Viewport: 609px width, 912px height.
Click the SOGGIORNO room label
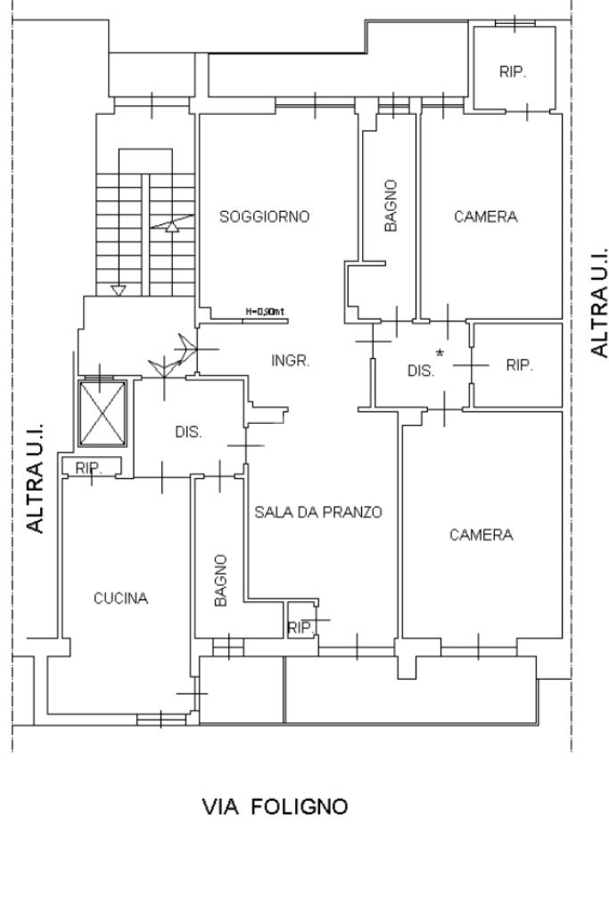click(x=265, y=216)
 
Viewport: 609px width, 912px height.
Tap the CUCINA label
click(x=121, y=598)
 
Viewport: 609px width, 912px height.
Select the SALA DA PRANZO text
click(x=318, y=512)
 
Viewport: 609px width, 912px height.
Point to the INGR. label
click(x=290, y=361)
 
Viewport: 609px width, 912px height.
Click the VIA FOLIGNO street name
click(x=276, y=807)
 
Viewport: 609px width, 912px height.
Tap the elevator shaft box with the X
click(x=103, y=412)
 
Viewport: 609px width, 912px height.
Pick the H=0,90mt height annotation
click(x=264, y=312)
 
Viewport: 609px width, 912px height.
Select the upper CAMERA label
click(x=485, y=216)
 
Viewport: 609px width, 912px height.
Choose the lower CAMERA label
click(x=481, y=535)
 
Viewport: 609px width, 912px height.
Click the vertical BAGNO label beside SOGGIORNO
click(x=391, y=206)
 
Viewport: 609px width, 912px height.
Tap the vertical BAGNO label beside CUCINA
click(x=221, y=581)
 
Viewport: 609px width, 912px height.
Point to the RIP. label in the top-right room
click(x=513, y=73)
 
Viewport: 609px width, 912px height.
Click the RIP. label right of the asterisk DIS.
click(x=519, y=364)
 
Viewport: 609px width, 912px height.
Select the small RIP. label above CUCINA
click(x=89, y=468)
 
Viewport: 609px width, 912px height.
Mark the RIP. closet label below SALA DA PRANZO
click(x=300, y=628)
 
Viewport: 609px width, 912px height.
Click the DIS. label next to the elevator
click(x=188, y=432)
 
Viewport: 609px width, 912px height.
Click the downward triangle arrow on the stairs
click(x=119, y=289)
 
